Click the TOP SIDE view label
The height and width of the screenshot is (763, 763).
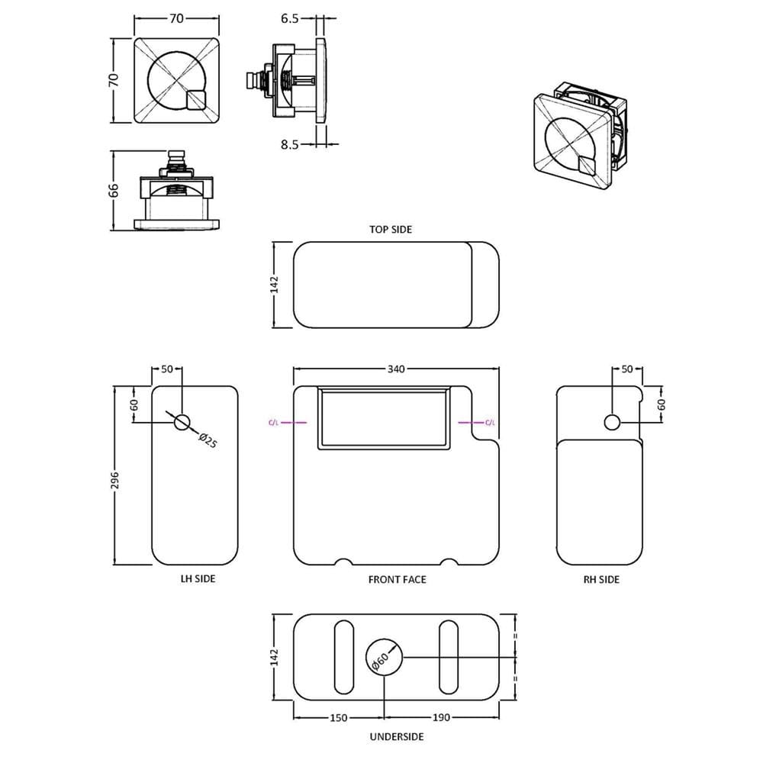pos(390,229)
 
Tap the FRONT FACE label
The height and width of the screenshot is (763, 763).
pos(397,580)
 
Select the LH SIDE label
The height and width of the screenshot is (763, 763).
pos(198,578)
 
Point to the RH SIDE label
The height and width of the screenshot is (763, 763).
pos(601,580)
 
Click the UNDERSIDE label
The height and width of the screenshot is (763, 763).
pos(397,737)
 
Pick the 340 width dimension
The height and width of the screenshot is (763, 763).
pos(396,369)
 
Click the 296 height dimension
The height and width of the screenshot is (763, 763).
pos(115,481)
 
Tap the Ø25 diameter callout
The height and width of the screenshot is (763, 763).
pos(208,440)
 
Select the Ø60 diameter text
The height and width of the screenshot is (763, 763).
pos(380,662)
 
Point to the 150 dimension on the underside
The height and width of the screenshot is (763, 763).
pos(339,718)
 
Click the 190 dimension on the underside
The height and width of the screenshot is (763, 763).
pos(441,718)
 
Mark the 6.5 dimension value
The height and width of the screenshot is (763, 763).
pos(289,18)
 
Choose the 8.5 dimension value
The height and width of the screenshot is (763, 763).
pos(289,144)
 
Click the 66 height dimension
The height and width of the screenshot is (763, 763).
pos(114,190)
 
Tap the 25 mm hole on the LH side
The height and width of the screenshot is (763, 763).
pos(182,423)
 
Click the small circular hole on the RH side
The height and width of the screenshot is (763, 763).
pos(612,423)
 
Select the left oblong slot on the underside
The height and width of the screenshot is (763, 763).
pos(344,657)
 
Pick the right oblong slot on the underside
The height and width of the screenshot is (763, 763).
pos(448,657)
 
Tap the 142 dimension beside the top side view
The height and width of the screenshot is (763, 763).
pos(275,285)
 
